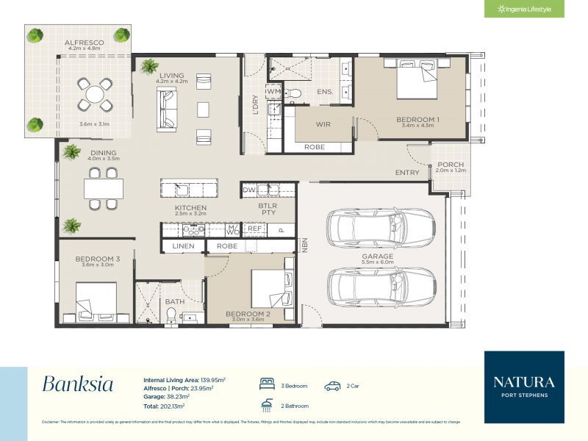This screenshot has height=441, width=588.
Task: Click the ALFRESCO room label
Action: coord(83,43)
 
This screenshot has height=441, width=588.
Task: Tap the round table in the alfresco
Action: coord(94,94)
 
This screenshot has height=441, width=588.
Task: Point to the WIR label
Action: coord(323,124)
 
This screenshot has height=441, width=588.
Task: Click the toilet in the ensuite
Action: coord(293,93)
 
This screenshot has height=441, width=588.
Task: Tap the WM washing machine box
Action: coord(274,91)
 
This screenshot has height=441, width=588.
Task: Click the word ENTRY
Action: coord(407,173)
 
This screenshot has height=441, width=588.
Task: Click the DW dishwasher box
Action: coord(249,190)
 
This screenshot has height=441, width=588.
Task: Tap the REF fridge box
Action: coord(254,229)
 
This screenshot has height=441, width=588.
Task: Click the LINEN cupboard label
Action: coord(183,245)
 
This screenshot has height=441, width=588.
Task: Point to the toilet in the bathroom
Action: coord(171,315)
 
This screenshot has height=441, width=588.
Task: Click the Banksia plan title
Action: coord(77,384)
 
